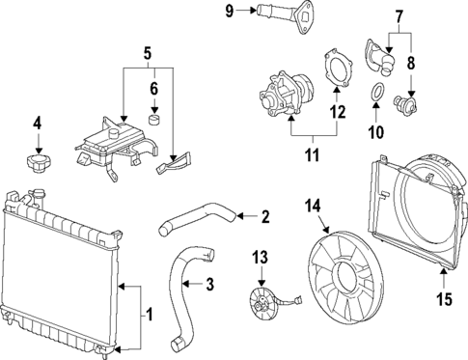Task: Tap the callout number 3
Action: [x=210, y=284]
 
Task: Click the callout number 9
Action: [x=229, y=11]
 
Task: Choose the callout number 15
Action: [x=443, y=299]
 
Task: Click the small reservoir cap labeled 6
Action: [x=153, y=121]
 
